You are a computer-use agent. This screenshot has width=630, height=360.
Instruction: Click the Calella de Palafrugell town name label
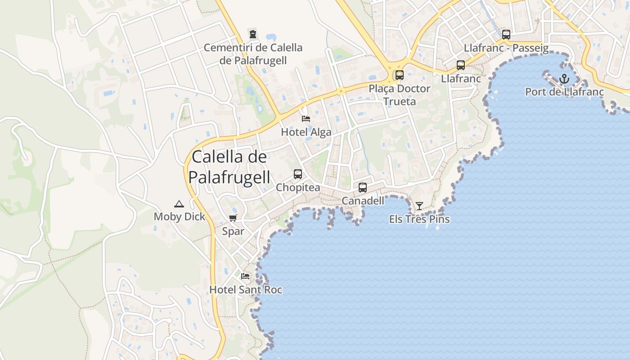(229, 167)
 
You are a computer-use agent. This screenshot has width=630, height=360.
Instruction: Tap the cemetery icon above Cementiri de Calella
(253, 34)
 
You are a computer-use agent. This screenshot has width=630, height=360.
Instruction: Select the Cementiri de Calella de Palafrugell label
(253, 54)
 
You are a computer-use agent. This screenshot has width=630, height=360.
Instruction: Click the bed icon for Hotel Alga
(306, 119)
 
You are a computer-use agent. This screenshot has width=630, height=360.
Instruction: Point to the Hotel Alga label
(306, 132)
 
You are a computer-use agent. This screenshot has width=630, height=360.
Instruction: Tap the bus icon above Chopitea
(298, 174)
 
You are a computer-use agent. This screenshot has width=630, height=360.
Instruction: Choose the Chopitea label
(298, 188)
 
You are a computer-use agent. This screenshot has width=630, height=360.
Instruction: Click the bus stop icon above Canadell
(363, 188)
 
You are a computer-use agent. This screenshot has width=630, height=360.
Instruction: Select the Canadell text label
(363, 201)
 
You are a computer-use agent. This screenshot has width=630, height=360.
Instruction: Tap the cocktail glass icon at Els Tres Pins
(419, 206)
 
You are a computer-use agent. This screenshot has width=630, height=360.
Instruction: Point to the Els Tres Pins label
(419, 220)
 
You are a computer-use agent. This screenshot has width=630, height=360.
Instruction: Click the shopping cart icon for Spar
(233, 218)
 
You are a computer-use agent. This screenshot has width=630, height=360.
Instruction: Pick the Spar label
(233, 232)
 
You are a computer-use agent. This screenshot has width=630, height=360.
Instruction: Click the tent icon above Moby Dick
(179, 204)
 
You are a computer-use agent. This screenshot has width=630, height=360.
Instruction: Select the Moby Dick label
(179, 217)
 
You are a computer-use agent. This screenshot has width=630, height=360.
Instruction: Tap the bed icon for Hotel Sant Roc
(245, 276)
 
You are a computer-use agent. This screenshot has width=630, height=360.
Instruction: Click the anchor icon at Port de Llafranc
(564, 79)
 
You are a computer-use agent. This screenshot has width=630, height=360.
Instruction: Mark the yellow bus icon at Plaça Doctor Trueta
(400, 75)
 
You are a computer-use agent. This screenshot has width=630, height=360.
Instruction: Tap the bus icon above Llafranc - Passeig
(506, 35)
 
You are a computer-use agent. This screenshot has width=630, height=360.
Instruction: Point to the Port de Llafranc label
(564, 92)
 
